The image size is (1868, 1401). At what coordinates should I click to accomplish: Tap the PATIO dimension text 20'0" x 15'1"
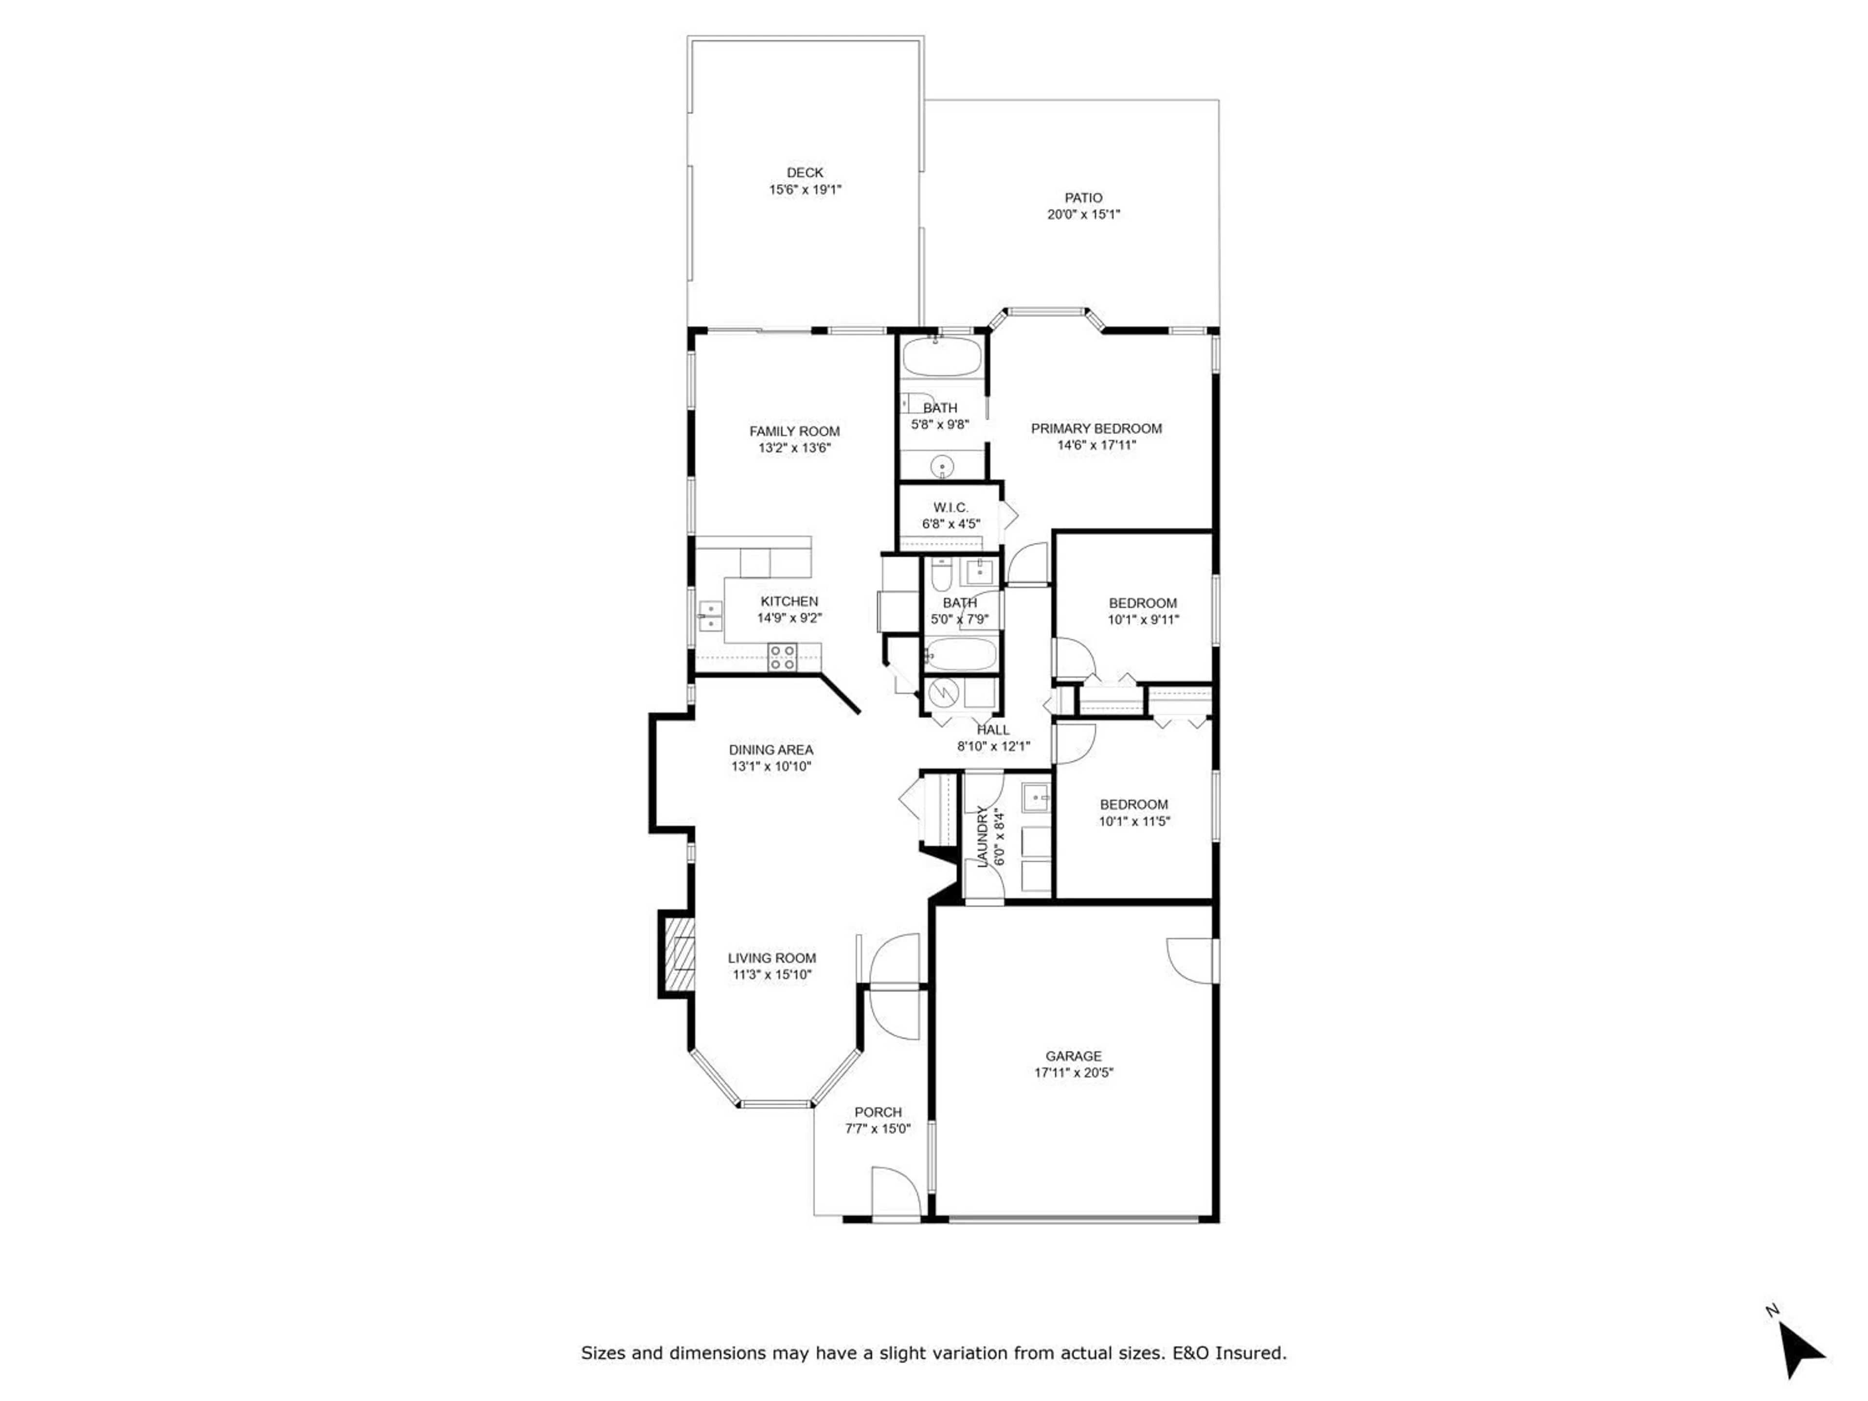[1083, 215]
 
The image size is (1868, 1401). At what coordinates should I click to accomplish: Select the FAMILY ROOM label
[795, 431]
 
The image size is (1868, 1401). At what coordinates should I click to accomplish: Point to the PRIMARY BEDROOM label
[1096, 429]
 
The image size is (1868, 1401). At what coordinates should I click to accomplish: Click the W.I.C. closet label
[951, 507]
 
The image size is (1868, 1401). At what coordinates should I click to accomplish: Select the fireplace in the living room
[679, 955]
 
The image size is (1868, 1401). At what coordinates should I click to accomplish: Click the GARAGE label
[1073, 1057]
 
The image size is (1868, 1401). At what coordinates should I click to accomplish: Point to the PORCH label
[878, 1112]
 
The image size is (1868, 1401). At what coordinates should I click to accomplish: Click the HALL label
[993, 730]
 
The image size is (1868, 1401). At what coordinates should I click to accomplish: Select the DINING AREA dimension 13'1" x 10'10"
[771, 767]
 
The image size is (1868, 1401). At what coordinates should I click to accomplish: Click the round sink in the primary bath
[942, 466]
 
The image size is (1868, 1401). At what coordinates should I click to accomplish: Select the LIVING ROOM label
[772, 958]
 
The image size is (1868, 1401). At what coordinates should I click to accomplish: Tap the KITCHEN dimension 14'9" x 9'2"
[790, 618]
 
